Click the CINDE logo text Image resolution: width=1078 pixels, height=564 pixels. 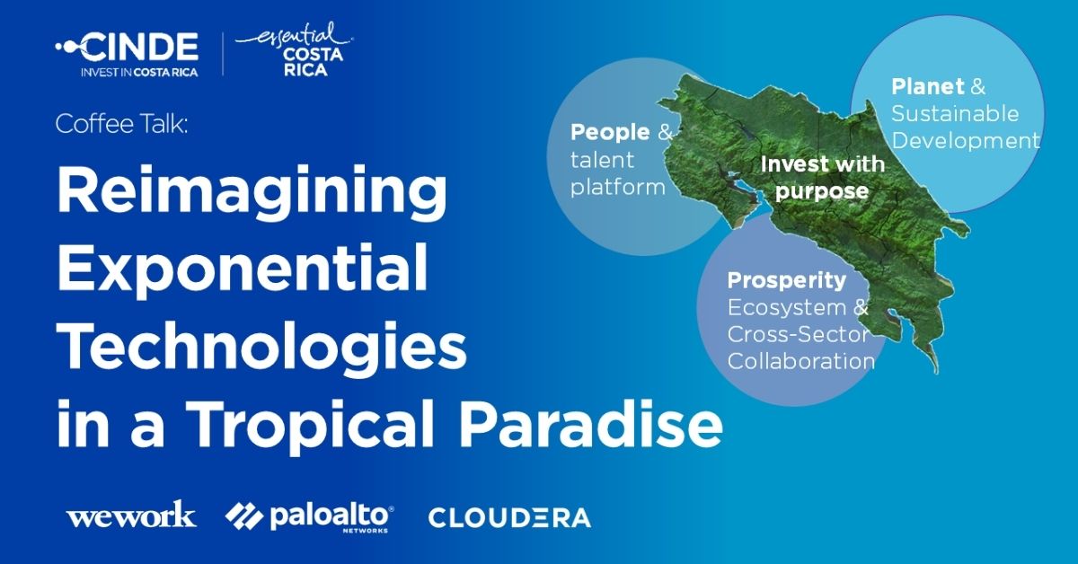click(x=139, y=45)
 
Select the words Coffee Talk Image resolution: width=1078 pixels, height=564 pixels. click(x=121, y=125)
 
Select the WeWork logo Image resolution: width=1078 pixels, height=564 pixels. click(x=130, y=516)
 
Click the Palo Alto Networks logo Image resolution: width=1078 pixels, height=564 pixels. click(x=309, y=516)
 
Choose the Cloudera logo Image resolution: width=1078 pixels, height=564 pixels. click(x=509, y=517)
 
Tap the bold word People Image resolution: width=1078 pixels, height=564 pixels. click(x=610, y=133)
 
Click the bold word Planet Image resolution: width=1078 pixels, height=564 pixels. click(x=928, y=86)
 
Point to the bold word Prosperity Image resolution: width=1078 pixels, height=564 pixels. click(x=786, y=280)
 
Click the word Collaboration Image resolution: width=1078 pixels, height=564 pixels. click(x=800, y=362)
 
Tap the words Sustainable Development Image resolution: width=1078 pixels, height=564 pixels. click(x=965, y=128)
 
